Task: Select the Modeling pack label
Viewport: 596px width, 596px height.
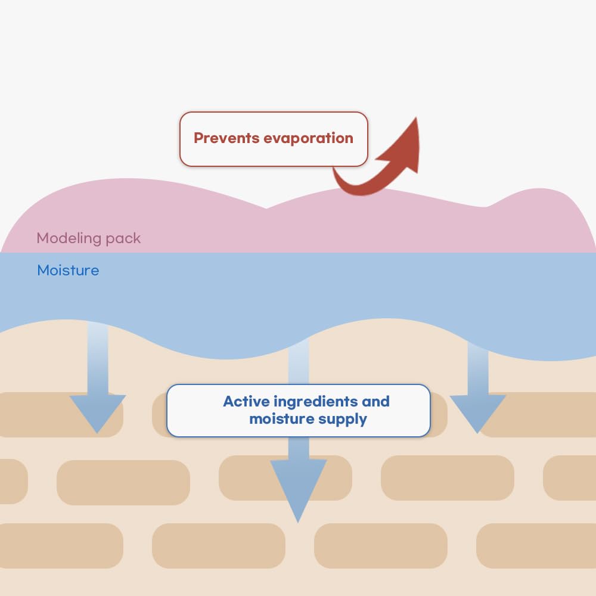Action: (x=89, y=238)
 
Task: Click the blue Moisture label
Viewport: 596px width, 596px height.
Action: (x=68, y=271)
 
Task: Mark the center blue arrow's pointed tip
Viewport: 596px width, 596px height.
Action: (x=298, y=520)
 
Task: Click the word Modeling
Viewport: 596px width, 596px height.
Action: (x=69, y=238)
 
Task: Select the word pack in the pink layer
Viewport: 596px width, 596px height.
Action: (x=123, y=238)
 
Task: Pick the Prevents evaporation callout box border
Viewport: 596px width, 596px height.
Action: (x=274, y=113)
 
